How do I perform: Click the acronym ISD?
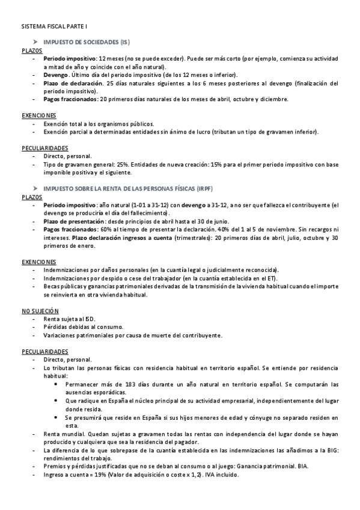coord(90,319)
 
